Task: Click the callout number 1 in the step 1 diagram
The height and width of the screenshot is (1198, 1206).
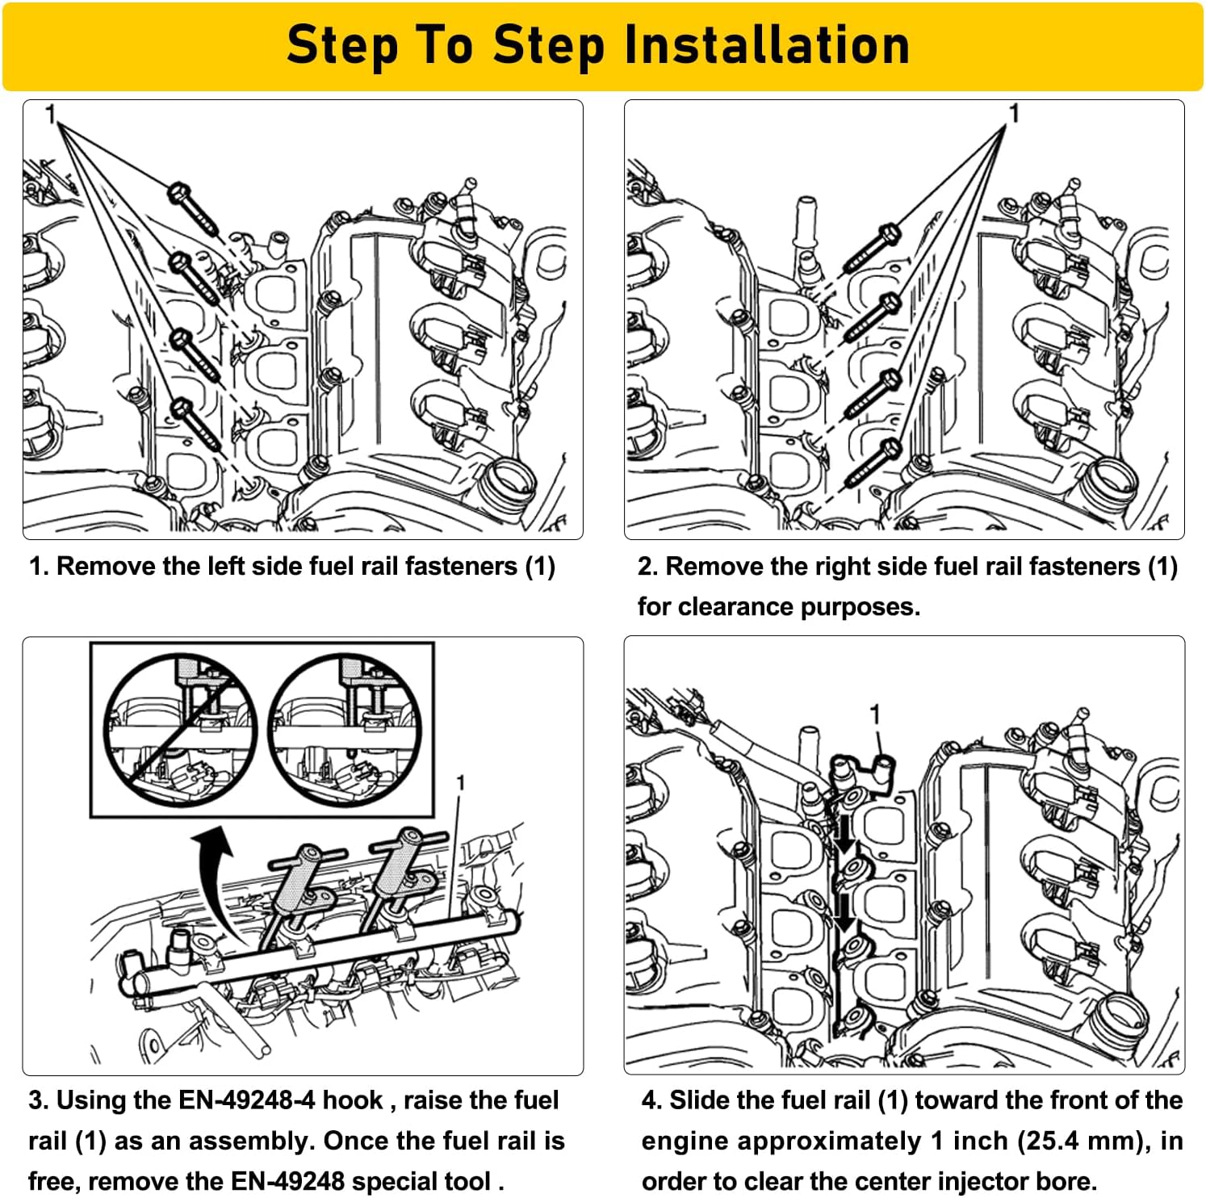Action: (50, 115)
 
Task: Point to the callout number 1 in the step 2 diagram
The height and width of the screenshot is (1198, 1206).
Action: (1014, 114)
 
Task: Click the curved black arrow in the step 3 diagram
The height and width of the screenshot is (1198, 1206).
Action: (214, 880)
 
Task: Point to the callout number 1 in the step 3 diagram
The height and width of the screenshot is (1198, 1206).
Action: (460, 782)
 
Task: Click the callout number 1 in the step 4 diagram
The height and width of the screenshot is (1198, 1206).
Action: (873, 714)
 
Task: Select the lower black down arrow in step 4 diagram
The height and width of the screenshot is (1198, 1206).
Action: (844, 912)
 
